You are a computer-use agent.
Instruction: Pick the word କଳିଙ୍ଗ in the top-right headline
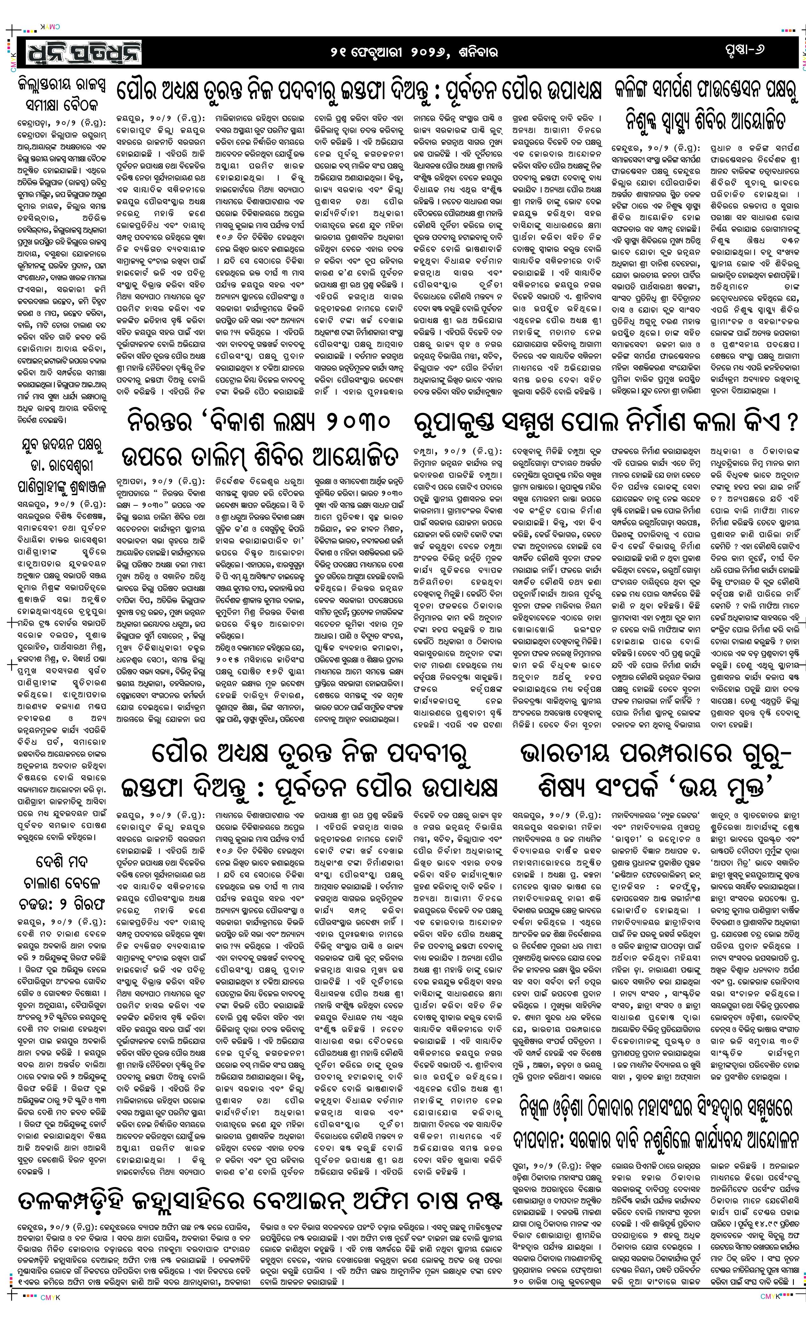pyautogui.click(x=640, y=88)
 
